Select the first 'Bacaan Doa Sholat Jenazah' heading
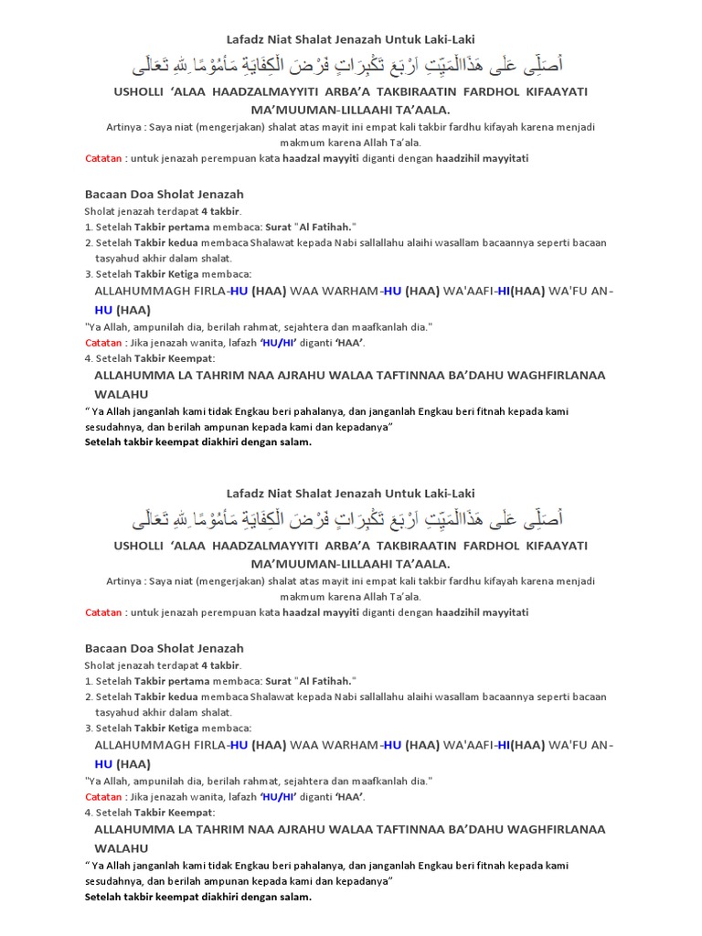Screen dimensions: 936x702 point(164,194)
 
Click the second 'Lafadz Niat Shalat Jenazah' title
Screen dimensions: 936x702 point(350,494)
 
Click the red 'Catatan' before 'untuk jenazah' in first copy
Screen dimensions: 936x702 point(103,158)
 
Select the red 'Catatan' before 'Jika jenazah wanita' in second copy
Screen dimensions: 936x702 point(103,796)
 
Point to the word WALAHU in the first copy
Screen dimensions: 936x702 point(122,394)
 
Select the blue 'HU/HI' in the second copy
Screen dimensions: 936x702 point(282,796)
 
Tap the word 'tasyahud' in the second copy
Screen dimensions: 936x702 point(116,711)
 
